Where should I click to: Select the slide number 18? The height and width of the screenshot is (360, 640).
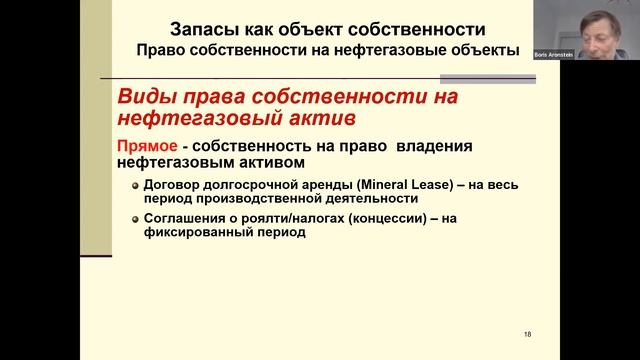pos(527,333)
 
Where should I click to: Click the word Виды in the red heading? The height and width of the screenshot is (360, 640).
pos(146,97)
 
